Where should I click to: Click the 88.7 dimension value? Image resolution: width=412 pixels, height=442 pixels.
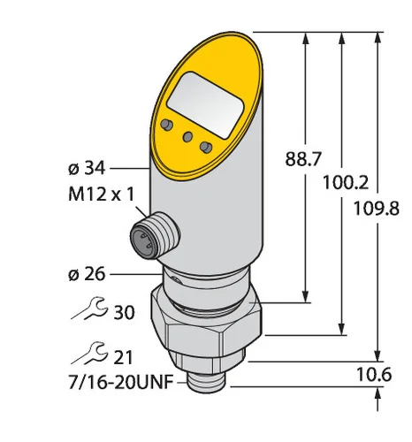click(302, 160)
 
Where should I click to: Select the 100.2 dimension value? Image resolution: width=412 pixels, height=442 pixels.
click(346, 183)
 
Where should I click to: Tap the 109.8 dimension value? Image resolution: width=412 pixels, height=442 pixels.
click(377, 209)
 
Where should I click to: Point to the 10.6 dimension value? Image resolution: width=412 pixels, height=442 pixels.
click(374, 375)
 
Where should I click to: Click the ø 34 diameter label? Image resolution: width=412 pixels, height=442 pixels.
click(87, 169)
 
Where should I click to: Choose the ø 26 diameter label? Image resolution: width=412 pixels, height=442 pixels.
click(87, 274)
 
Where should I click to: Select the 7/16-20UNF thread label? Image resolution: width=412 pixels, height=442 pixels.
click(120, 383)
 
